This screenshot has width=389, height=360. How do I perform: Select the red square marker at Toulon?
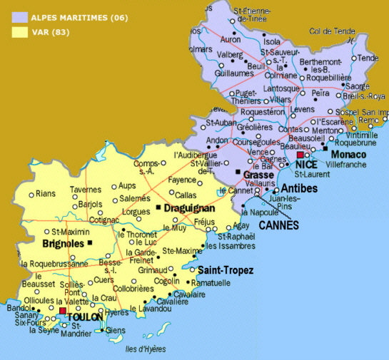[x=63, y=311]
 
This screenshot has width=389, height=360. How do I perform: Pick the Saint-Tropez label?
[x=226, y=270]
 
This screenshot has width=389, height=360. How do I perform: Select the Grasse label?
[x=258, y=175]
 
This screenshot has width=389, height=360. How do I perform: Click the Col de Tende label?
[x=332, y=31]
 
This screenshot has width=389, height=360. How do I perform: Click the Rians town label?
[x=45, y=193]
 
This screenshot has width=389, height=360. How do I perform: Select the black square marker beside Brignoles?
[x=91, y=243]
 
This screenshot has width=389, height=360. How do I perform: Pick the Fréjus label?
[x=205, y=222]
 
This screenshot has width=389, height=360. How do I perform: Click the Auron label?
[x=231, y=40]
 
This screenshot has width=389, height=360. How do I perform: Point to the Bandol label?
[x=17, y=308]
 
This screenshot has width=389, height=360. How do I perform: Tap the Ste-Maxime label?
[x=182, y=251]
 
